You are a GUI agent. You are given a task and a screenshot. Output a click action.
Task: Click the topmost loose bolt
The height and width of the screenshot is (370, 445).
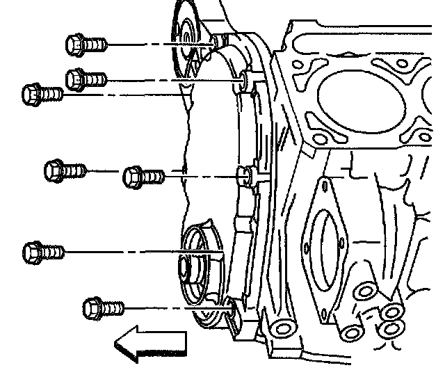86,45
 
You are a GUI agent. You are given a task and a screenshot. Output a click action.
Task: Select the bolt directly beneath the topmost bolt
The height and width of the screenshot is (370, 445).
86,79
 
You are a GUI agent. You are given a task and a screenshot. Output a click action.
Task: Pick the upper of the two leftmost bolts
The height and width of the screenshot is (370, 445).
42,92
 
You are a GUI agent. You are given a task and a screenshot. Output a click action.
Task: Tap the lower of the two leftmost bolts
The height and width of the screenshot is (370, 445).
42,250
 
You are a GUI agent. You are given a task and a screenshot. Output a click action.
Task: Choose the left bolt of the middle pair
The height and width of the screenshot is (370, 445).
65,170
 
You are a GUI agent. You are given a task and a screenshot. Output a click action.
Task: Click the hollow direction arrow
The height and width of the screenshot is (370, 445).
149,343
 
